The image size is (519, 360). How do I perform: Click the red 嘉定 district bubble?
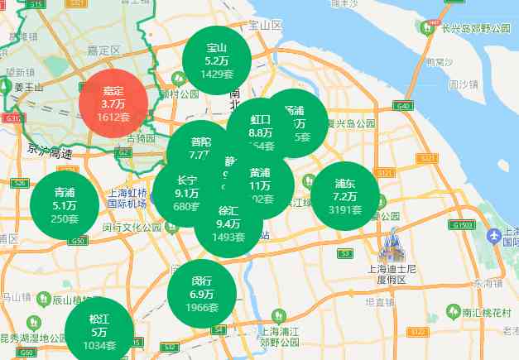113,103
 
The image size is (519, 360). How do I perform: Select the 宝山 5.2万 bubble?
216,60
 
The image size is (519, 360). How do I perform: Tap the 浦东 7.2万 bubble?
345,197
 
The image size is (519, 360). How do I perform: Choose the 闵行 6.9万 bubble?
202,294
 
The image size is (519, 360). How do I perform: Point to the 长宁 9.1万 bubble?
187,193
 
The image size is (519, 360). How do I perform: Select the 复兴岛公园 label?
350,124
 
